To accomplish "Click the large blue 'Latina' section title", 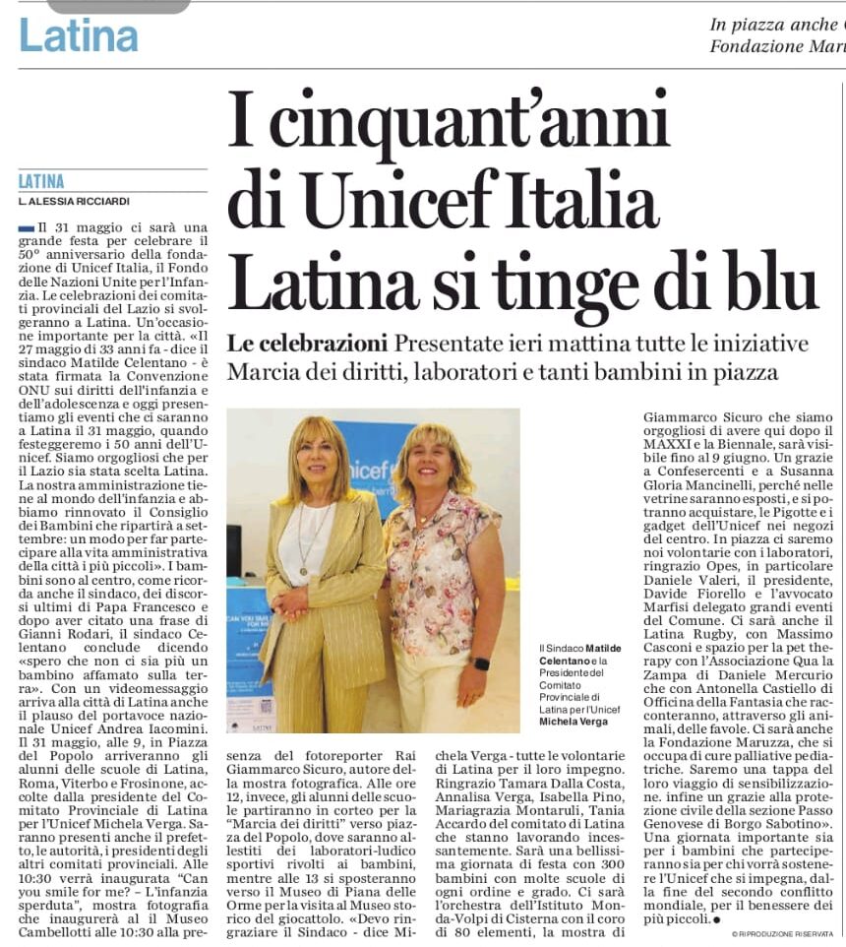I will click(x=78, y=35).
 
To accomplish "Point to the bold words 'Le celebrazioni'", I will click(x=307, y=345).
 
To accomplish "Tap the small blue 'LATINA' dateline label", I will click(x=41, y=181).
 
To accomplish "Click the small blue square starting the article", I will click(x=26, y=228).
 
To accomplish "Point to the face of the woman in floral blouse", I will click(x=435, y=466).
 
